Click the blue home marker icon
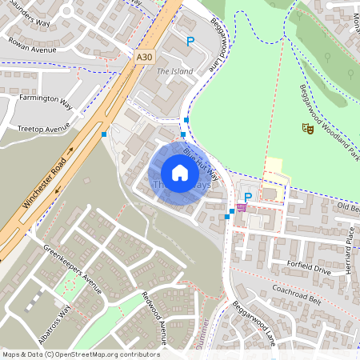(179, 173)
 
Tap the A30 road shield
(144, 58)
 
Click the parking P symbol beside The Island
(190, 41)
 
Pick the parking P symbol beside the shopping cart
(248, 197)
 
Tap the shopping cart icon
(241, 207)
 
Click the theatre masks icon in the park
(307, 128)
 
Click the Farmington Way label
(45, 104)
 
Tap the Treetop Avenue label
(45, 128)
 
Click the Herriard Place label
(350, 249)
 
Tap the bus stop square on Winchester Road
(104, 134)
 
